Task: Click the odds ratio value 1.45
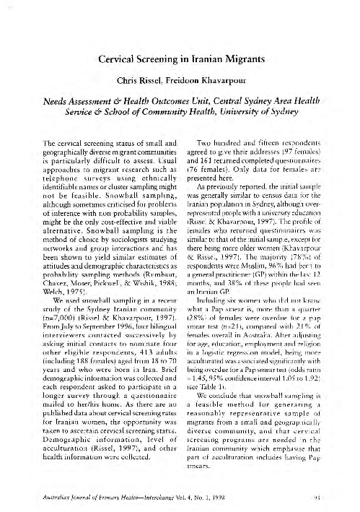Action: point(207,378)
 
